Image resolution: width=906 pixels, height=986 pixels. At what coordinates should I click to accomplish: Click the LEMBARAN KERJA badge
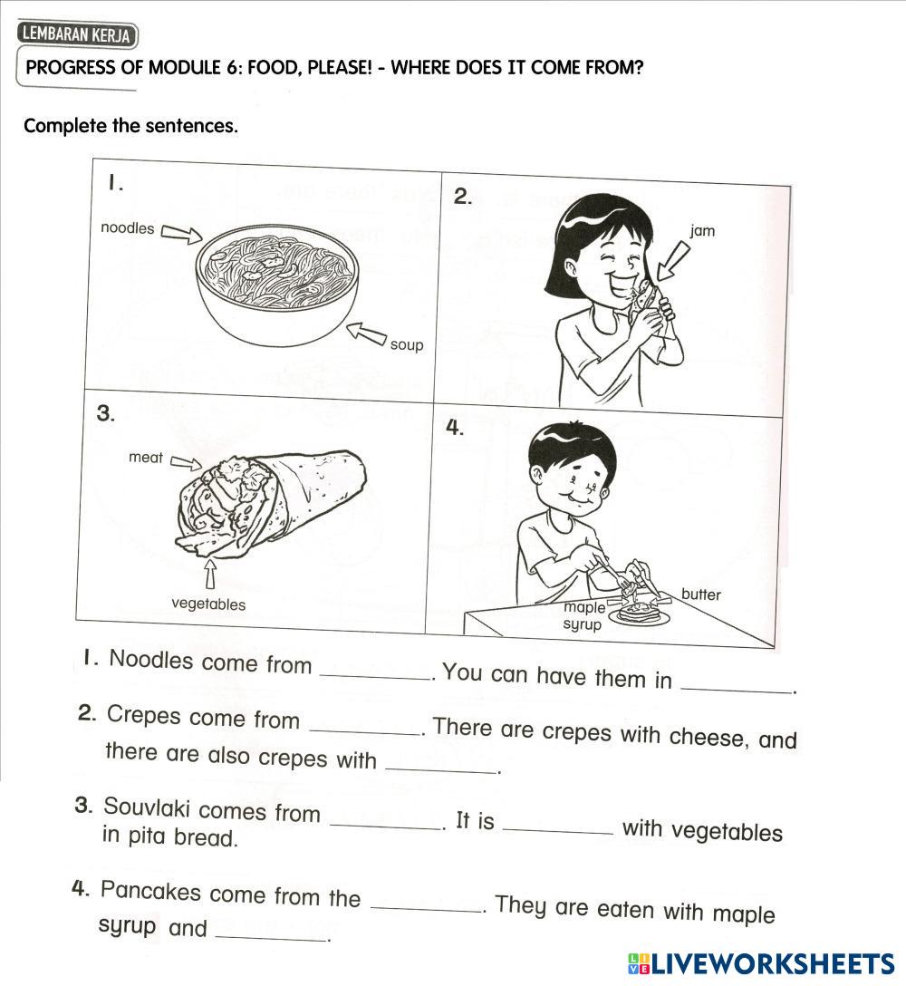(77, 35)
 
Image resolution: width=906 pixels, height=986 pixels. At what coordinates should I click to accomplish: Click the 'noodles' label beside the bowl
(127, 228)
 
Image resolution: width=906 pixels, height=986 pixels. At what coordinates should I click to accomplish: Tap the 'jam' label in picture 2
(702, 231)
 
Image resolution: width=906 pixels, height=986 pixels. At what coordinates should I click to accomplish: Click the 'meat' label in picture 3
(146, 458)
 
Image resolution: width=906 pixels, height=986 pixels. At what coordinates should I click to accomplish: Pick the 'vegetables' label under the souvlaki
(208, 604)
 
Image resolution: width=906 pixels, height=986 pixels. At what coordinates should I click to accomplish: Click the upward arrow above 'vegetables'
(210, 575)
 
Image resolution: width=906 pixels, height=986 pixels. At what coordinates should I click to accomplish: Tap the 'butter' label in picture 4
(701, 594)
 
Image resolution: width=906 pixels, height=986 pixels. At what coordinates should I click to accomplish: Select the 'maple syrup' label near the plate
(583, 616)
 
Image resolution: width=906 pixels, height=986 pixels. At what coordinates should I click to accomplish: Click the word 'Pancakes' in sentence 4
(150, 891)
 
